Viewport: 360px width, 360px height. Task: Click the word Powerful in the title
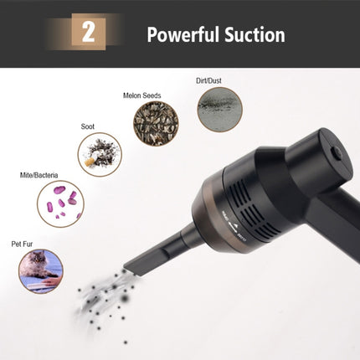point(183,35)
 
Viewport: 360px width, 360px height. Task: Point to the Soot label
point(88,126)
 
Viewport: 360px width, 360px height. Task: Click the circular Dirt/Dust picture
point(221,110)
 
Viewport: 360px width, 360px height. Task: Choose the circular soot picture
point(100,154)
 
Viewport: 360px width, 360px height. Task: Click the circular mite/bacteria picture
point(60,203)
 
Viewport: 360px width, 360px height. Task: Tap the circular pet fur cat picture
point(41,270)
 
